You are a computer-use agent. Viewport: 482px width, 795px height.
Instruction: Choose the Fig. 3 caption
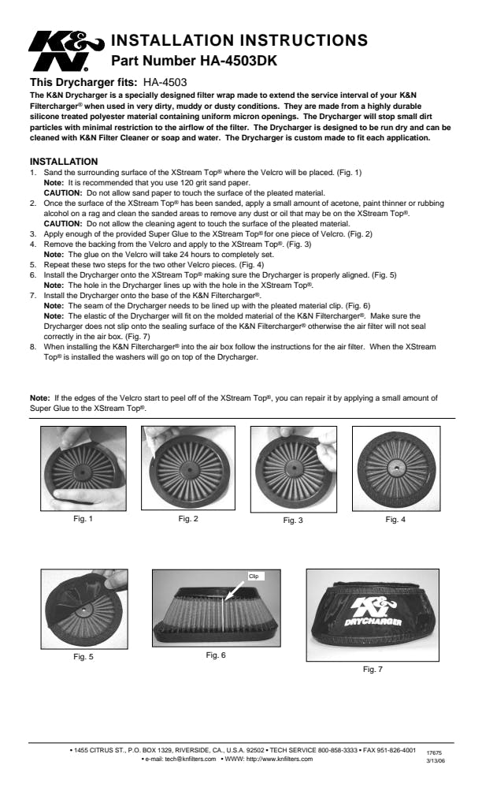294,520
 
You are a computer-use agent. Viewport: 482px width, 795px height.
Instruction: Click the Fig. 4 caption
395,518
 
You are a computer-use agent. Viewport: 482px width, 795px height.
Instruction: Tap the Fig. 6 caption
216,655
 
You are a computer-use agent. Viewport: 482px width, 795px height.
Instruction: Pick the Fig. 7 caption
373,669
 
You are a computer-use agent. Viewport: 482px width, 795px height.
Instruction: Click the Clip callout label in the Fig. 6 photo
254,576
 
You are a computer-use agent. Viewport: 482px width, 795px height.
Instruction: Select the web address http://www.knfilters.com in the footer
279,759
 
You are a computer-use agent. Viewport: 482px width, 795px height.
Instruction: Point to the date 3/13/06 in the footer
436,761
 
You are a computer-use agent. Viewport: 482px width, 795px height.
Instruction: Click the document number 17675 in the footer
434,753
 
